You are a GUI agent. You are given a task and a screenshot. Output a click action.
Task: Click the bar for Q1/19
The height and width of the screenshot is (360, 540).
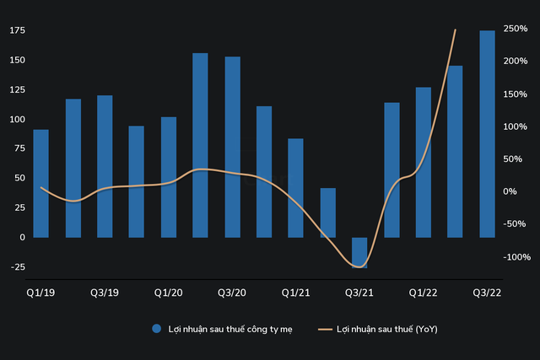[40, 183]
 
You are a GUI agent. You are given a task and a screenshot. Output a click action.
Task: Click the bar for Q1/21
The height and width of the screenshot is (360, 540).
[295, 187]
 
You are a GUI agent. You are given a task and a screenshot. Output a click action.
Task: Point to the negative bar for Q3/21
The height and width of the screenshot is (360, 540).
[359, 252]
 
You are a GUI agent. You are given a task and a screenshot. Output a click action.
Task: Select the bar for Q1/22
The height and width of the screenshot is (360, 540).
[424, 162]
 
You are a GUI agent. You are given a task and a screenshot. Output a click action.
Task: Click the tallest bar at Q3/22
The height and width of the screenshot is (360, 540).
[488, 133]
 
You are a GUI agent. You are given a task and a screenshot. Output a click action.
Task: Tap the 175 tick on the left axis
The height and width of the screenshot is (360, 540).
[15, 30]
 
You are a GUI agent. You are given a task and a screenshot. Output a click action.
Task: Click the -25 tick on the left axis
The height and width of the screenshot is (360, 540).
[15, 267]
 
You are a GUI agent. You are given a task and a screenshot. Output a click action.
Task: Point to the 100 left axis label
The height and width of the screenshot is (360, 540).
[15, 120]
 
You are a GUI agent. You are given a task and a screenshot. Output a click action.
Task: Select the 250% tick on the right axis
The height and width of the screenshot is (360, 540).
[516, 29]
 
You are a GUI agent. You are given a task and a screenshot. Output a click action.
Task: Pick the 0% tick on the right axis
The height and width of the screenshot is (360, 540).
[511, 191]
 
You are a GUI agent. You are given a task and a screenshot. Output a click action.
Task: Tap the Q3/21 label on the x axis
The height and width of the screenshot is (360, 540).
[359, 293]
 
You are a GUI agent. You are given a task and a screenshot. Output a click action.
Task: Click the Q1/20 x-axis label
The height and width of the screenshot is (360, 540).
[169, 293]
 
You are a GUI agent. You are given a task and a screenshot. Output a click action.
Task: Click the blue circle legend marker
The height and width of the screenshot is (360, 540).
[156, 329]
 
